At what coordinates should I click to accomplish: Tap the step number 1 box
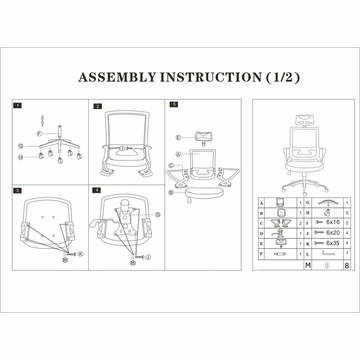pyautogui.click(x=18, y=106)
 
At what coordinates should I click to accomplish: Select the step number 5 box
pyautogui.click(x=174, y=104)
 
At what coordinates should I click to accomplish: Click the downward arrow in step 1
pyautogui.click(x=42, y=121)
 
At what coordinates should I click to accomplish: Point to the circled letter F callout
pyautogui.click(x=40, y=134)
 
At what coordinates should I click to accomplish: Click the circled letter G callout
pyautogui.click(x=21, y=146)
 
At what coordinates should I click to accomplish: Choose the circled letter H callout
pyautogui.click(x=21, y=157)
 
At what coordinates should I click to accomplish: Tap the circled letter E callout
pyautogui.click(x=178, y=137)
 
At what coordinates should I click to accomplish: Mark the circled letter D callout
pyautogui.click(x=158, y=215)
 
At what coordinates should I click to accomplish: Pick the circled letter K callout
pyautogui.click(x=81, y=254)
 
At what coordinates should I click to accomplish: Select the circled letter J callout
pyautogui.click(x=148, y=257)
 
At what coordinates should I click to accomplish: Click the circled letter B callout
pyautogui.click(x=171, y=193)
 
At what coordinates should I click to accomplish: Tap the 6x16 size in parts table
pyautogui.click(x=333, y=222)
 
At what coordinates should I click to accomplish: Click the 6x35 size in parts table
pyautogui.click(x=333, y=243)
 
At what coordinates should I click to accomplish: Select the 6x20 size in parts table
pyautogui.click(x=333, y=233)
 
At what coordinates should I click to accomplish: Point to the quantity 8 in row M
pyautogui.click(x=346, y=265)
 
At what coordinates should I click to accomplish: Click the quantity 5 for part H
pyautogui.click(x=347, y=212)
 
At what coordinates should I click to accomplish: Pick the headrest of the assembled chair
pyautogui.click(x=304, y=120)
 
